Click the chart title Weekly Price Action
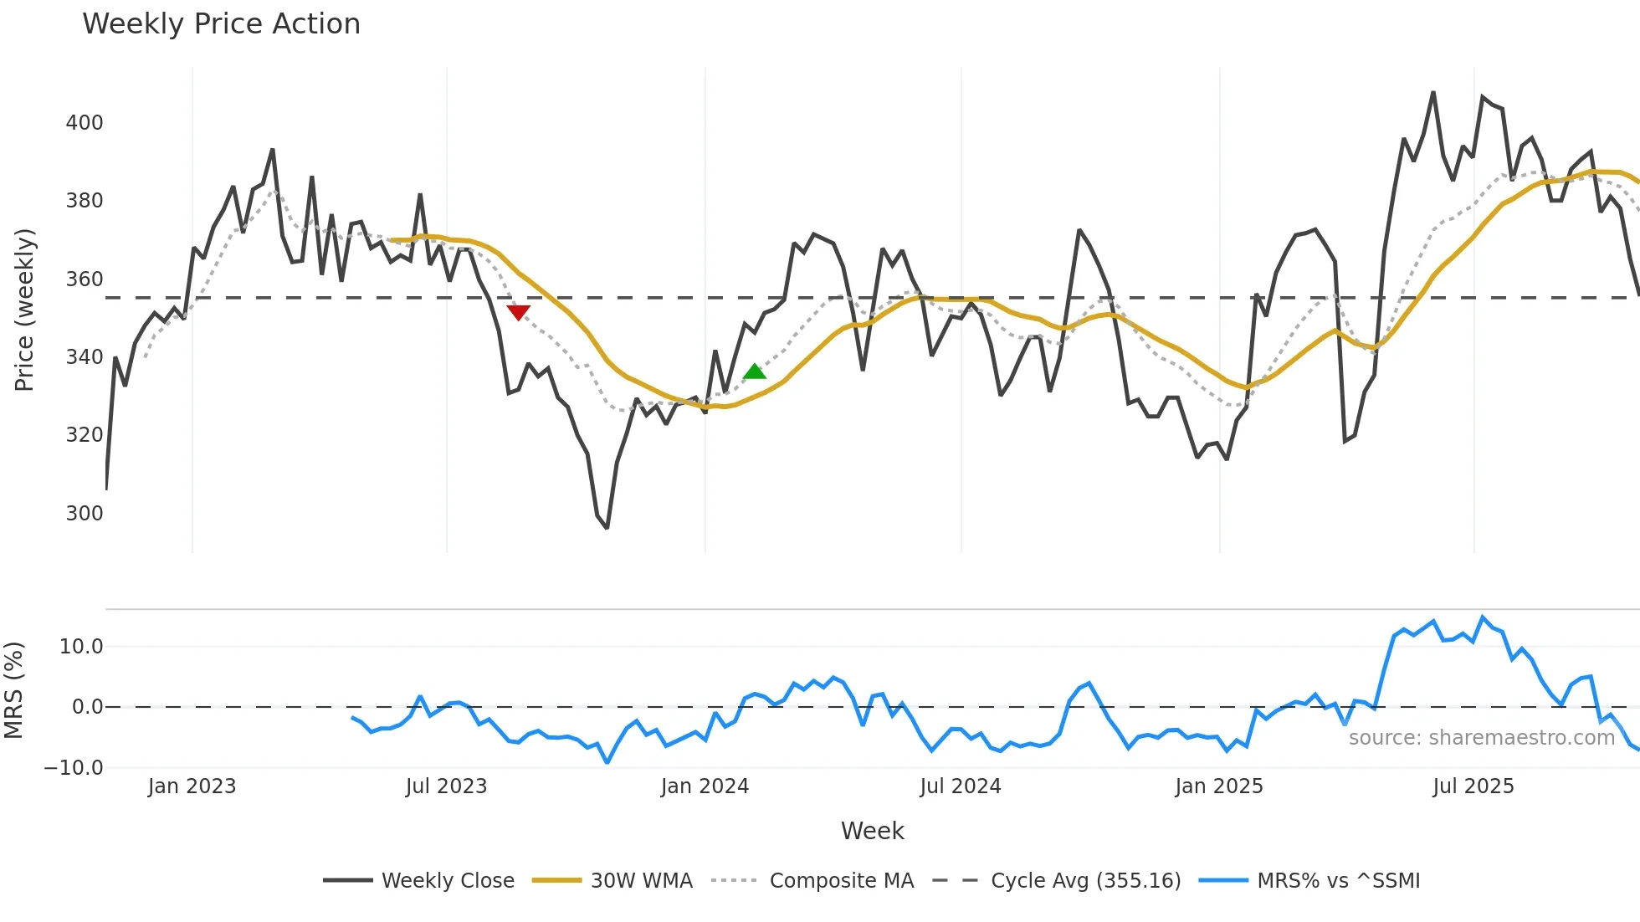tap(221, 24)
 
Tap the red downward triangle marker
tap(518, 312)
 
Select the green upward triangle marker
tap(755, 371)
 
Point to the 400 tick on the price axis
tap(85, 123)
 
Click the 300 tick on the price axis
tap(85, 513)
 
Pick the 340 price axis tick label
tap(85, 357)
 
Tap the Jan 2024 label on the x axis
tap(705, 786)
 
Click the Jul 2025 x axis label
tap(1473, 786)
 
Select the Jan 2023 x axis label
tap(192, 786)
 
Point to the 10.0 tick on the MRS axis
tap(81, 646)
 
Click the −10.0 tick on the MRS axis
tap(74, 767)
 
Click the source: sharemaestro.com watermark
tap(1481, 738)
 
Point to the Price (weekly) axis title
tap(25, 310)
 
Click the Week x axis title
tap(872, 831)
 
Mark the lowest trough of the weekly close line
tap(607, 527)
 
